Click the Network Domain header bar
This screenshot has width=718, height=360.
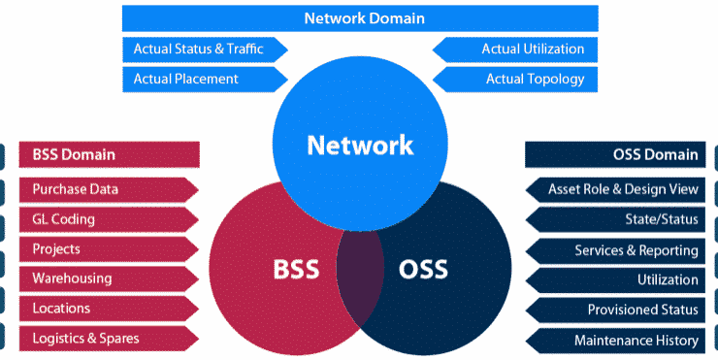click(x=364, y=18)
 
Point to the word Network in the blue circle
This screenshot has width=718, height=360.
click(x=360, y=146)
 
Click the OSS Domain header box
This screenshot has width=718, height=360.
click(x=614, y=154)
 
